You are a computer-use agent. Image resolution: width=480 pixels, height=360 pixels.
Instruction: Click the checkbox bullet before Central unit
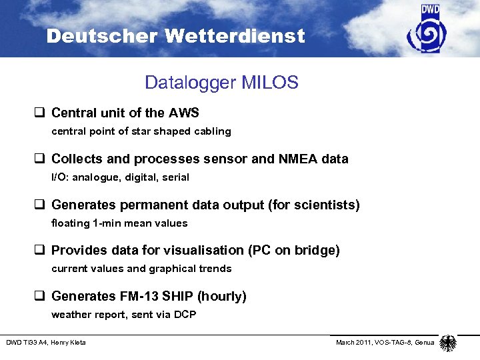[43, 113]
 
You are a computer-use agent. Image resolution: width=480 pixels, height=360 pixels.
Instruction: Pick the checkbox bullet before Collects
[43, 159]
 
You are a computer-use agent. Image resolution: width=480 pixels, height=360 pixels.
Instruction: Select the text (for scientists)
[313, 205]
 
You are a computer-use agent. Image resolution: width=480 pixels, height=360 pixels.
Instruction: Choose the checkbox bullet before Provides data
[43, 251]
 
